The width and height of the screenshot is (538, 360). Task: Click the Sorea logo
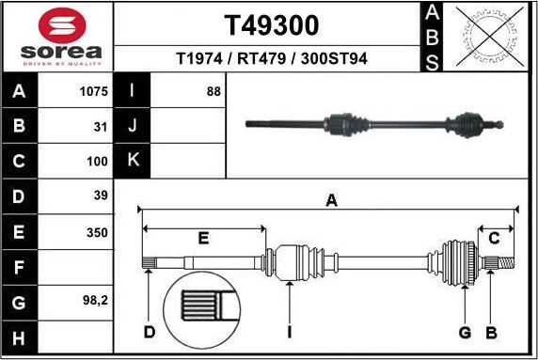point(58,37)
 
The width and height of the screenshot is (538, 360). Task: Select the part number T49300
point(271,23)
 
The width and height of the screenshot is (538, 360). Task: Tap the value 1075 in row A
point(94,92)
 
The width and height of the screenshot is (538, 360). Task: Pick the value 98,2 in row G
point(95,302)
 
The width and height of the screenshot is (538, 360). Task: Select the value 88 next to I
point(214,92)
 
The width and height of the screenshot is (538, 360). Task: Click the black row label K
point(132,161)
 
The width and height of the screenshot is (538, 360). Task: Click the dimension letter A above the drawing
point(330,198)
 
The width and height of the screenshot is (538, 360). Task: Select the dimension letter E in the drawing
point(203,238)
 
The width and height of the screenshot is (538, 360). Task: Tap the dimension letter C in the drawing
point(493,238)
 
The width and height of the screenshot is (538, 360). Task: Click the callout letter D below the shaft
point(149,331)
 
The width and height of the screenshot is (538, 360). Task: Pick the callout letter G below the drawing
point(464,331)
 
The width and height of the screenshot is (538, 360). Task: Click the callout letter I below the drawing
point(291,331)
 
